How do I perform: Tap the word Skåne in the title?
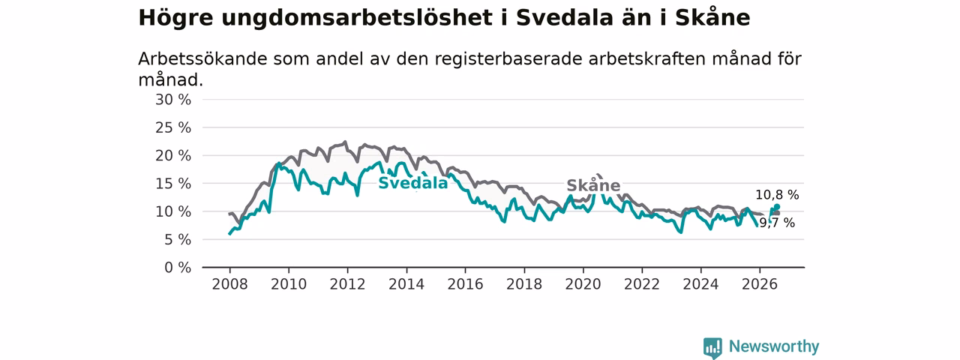(x=712, y=18)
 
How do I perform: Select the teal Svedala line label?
(x=413, y=183)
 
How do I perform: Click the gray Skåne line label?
(x=593, y=185)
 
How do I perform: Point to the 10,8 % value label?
(x=777, y=195)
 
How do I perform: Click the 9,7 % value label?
(x=777, y=223)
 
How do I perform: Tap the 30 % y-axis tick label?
(x=173, y=100)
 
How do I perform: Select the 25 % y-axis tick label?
(x=173, y=127)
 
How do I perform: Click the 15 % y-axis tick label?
(x=173, y=184)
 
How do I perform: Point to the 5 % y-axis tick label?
(x=178, y=239)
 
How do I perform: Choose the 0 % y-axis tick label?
(x=178, y=268)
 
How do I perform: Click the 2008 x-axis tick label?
(x=229, y=284)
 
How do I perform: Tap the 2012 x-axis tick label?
(x=347, y=284)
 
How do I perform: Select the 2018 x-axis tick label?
(x=524, y=284)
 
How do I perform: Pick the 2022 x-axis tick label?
(x=642, y=284)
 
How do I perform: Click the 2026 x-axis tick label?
(x=760, y=284)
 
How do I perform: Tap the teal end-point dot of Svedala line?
(x=777, y=206)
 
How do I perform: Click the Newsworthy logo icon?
(x=712, y=347)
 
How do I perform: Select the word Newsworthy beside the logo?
(x=774, y=346)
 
